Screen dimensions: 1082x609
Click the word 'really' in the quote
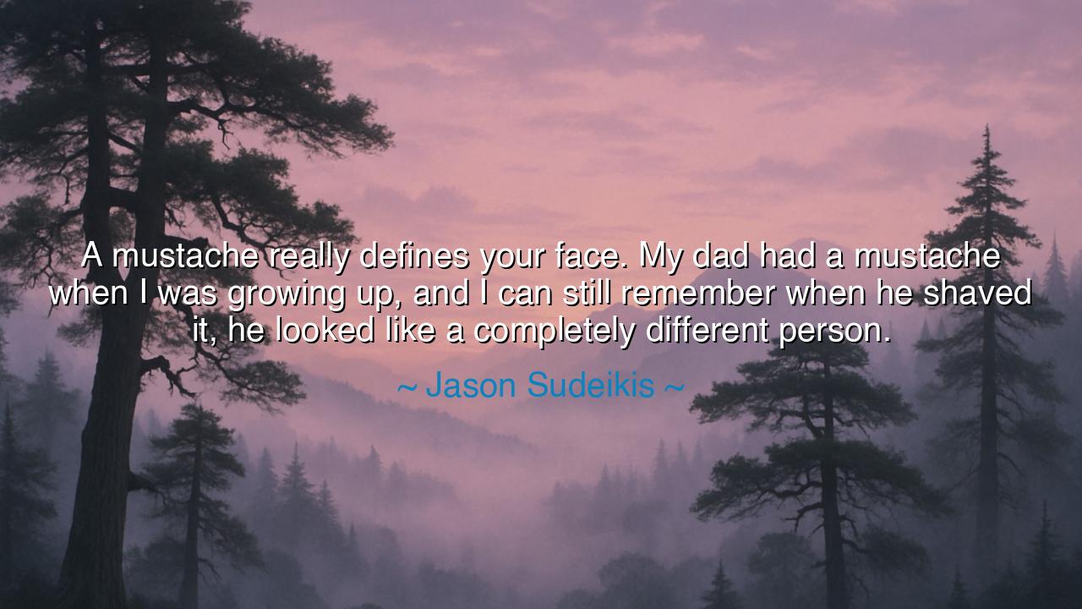(x=309, y=256)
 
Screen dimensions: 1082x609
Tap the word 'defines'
(x=413, y=255)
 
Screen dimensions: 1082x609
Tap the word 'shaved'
(x=977, y=293)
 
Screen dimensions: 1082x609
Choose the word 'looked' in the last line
(x=325, y=331)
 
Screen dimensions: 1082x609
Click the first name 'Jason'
(x=471, y=385)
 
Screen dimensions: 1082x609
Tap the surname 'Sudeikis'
(x=591, y=385)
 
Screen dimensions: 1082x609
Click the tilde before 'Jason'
(x=407, y=387)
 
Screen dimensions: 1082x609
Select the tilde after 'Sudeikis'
(x=675, y=387)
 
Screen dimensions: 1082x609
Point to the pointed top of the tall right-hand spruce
(x=986, y=127)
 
